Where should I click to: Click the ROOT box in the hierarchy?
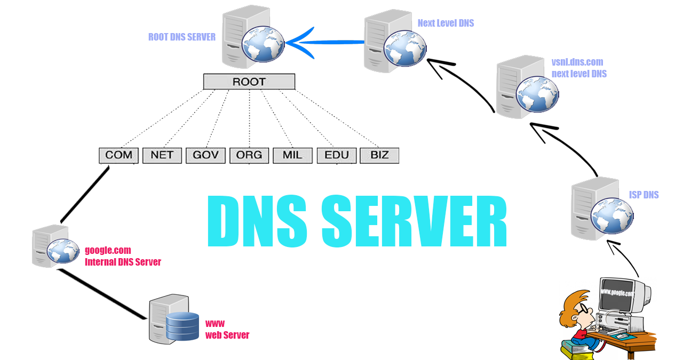coord(249,82)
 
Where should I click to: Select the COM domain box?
coord(119,155)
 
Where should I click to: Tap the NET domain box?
coord(162,155)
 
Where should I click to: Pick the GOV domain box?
coord(205,155)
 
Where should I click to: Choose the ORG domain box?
coord(249,155)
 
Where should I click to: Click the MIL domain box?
coord(292,155)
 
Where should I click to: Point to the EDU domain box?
coord(336,155)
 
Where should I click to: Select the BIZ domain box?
coord(379,155)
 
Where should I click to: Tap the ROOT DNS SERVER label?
coord(182,37)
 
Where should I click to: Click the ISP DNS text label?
coord(644,195)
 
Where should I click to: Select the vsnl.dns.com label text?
coord(577,62)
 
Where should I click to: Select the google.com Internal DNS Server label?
coord(123,256)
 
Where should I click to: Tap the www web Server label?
coord(227,330)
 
